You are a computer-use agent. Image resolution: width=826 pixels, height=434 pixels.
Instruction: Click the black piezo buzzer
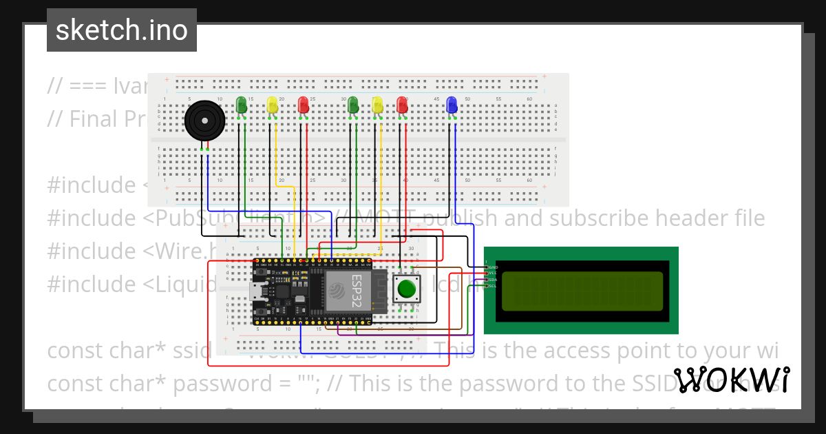[x=204, y=120]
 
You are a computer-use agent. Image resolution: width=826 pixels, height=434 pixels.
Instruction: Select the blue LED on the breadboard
[x=452, y=105]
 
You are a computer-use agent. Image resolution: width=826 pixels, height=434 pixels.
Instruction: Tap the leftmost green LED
[x=241, y=105]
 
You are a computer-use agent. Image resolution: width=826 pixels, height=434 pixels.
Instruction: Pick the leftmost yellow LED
[x=272, y=105]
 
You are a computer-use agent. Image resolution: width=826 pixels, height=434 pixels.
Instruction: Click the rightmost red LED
[x=402, y=105]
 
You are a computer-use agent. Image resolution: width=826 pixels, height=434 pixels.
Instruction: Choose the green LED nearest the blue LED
[x=353, y=105]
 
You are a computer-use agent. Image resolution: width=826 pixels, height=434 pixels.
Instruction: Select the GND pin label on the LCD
[x=492, y=267]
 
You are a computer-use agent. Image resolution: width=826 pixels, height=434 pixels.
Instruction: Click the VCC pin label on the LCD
[x=492, y=273]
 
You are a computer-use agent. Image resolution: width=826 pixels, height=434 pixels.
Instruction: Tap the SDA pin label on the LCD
[x=492, y=280]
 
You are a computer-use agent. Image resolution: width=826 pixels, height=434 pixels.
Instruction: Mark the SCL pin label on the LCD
[x=492, y=286]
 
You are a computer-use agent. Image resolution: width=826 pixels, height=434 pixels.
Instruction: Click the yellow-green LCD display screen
[x=582, y=291]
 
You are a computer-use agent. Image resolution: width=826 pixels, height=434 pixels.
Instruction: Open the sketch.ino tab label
[x=122, y=30]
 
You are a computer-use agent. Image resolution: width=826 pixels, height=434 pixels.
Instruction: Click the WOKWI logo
[x=732, y=380]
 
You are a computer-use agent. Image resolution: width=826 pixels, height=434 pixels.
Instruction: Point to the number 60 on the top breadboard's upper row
[x=529, y=99]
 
